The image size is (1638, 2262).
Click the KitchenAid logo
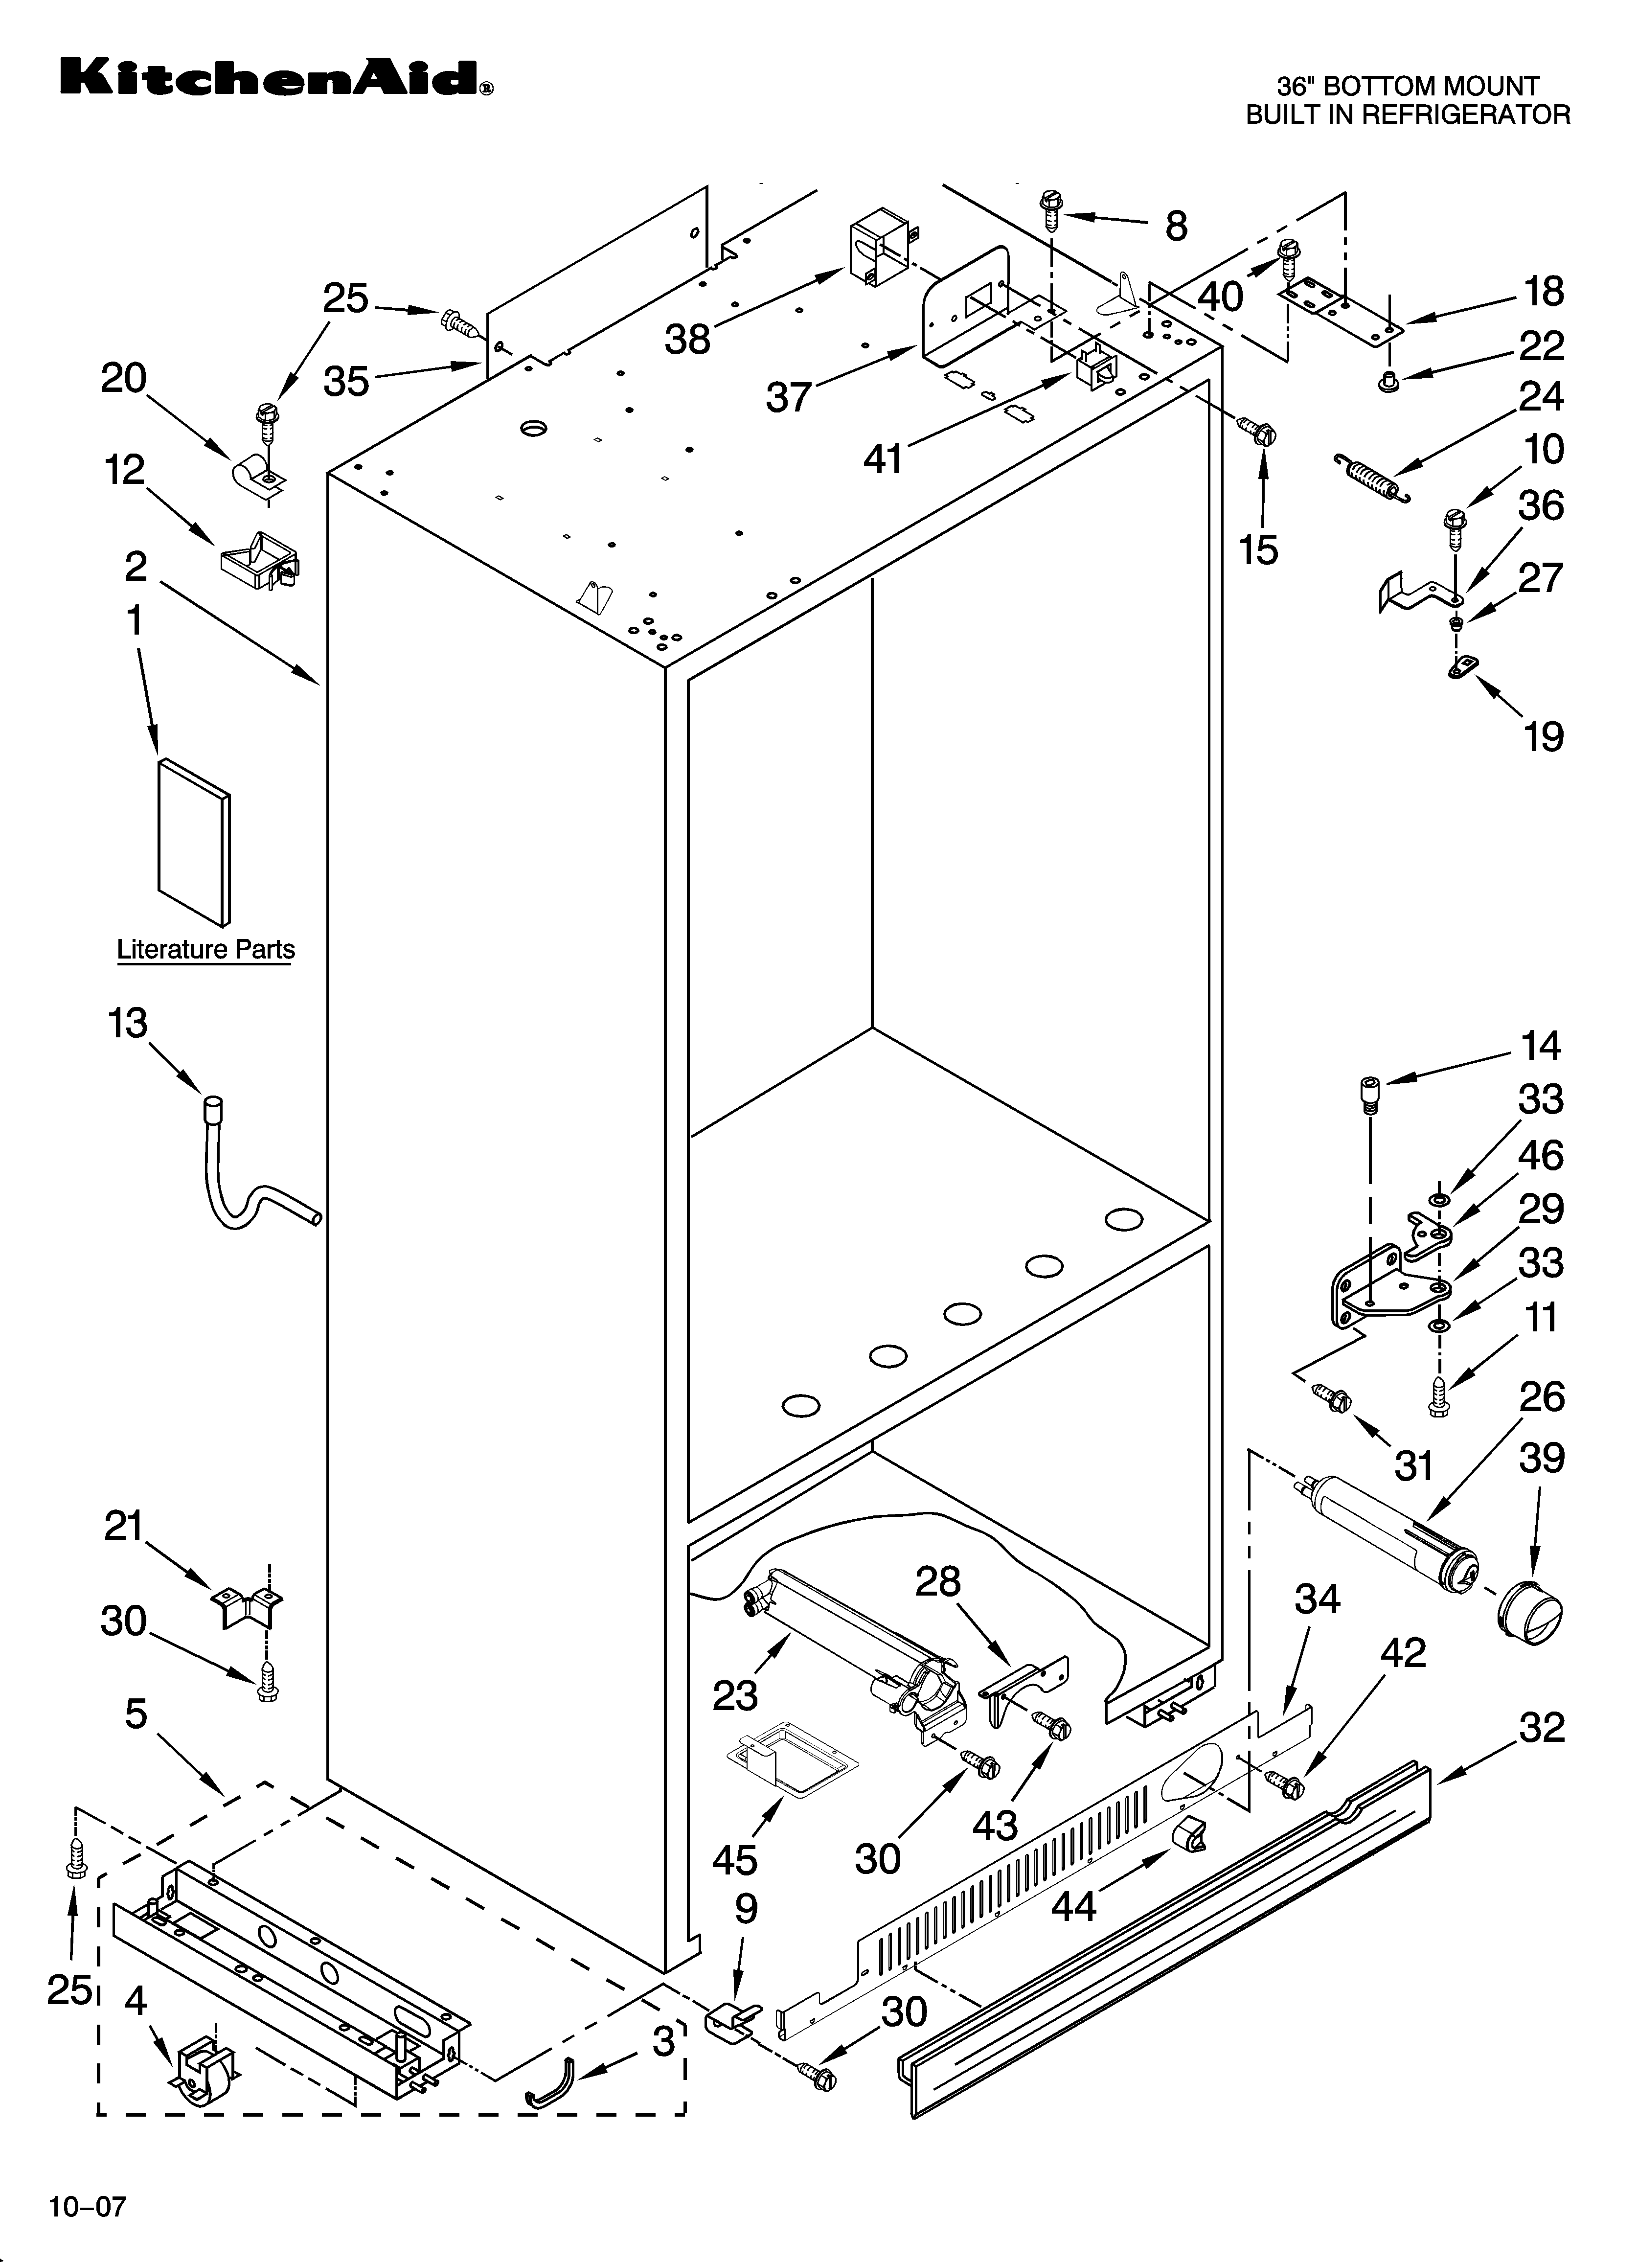[274, 78]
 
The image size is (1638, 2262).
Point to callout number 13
[128, 1023]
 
